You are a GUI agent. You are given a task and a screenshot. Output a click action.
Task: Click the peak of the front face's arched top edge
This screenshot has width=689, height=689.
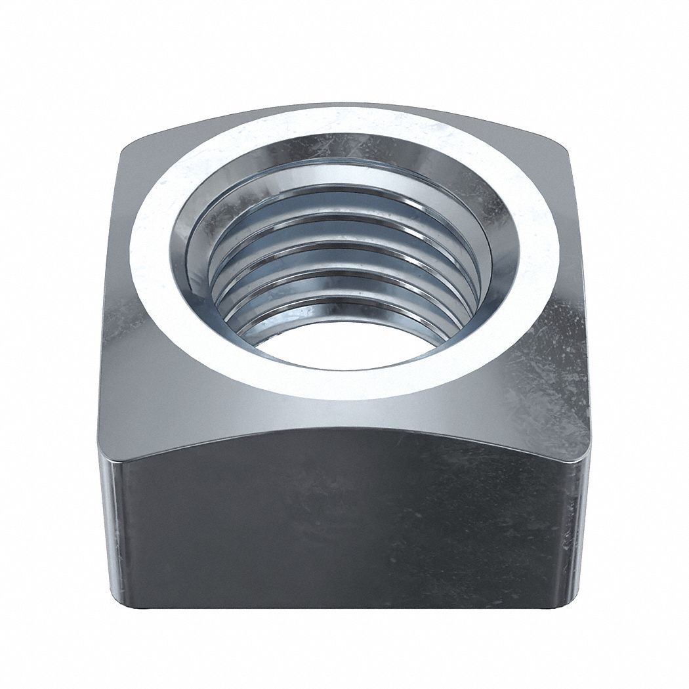coord(344,428)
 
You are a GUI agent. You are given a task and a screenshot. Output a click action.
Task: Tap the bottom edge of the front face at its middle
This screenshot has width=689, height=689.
coord(344,608)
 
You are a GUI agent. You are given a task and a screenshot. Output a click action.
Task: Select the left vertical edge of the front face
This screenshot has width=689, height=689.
coord(105,525)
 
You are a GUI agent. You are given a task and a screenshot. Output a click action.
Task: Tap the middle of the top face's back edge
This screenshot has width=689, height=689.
coord(344,103)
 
